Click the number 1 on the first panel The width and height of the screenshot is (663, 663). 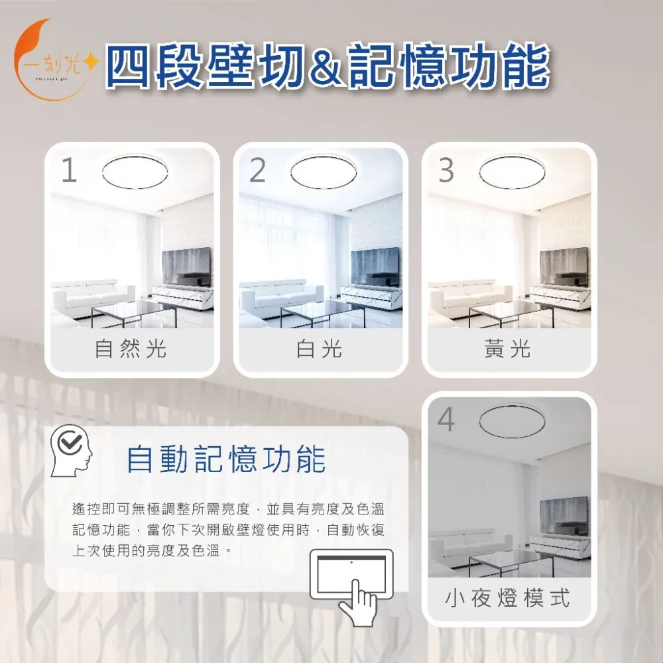69,170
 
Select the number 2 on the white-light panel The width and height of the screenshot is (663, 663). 257,170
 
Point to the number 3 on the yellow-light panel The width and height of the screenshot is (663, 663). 446,170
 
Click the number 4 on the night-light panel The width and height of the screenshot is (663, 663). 446,420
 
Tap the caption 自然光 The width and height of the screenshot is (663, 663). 131,349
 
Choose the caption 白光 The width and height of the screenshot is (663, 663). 320,349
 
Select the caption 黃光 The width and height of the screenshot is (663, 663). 507,349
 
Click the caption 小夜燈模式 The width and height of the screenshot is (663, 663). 507,598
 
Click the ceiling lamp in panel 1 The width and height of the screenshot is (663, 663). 135,172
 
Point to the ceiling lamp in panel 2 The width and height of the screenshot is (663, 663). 324,172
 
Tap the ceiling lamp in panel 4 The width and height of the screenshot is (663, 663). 512,421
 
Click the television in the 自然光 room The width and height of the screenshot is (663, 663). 186,267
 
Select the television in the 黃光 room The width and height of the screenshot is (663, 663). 564,267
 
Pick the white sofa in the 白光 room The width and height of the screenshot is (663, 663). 281,298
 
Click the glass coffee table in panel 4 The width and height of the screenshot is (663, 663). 511,562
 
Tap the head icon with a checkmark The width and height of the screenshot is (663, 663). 71,451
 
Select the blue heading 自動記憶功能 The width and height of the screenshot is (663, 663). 226,459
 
